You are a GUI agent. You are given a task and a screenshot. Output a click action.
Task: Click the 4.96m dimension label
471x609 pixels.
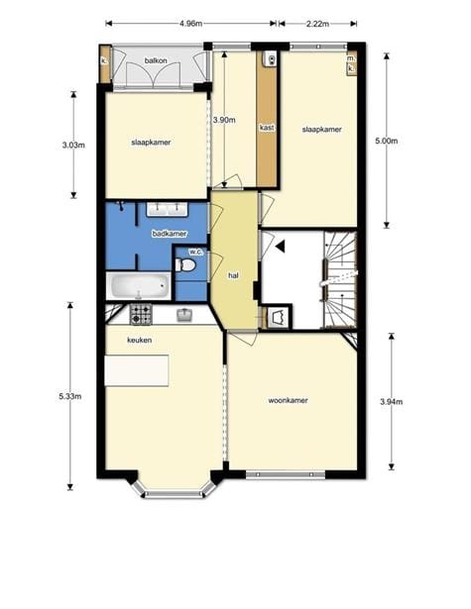tap(190, 24)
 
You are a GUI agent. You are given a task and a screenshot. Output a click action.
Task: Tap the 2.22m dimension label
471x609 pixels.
tap(317, 24)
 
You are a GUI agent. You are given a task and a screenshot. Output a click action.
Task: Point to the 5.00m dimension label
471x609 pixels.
tap(386, 141)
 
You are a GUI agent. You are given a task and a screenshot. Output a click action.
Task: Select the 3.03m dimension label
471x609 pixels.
tap(73, 146)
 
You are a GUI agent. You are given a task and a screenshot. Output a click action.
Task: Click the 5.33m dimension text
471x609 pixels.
tap(70, 396)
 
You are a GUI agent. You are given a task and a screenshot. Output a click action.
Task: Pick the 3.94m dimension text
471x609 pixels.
tap(392, 402)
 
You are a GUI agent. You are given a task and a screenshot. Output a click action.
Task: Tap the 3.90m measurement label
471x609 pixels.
tap(224, 120)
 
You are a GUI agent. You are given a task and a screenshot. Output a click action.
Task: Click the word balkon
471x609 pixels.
tap(156, 60)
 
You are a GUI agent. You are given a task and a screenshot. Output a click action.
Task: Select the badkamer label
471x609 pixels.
tap(170, 234)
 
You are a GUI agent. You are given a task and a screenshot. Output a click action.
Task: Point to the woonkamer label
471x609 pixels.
tap(288, 400)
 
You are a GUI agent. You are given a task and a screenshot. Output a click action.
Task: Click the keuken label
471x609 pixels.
tap(140, 340)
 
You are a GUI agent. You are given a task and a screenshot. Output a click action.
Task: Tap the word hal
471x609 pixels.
tap(233, 275)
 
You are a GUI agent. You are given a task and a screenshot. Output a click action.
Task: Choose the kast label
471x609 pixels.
tap(267, 128)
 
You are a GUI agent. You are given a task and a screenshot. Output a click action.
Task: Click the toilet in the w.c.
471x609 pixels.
tap(184, 265)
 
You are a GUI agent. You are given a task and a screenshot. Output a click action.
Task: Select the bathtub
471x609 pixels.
tap(139, 285)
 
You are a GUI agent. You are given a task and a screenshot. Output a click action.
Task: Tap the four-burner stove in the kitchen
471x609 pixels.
tap(141, 314)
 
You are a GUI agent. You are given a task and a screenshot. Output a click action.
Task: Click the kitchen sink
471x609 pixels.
tap(185, 315)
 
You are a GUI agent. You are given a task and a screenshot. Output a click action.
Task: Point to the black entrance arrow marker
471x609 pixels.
tap(281, 247)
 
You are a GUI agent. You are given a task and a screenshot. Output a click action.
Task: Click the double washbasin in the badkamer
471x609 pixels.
tap(168, 209)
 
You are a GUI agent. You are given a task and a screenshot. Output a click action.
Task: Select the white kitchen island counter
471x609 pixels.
tap(137, 370)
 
